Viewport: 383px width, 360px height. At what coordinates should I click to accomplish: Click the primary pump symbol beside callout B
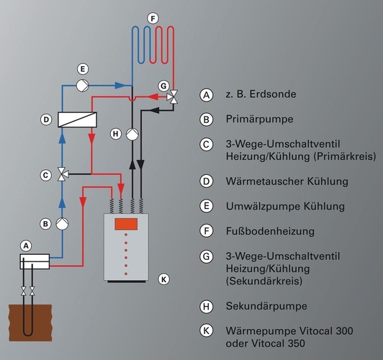[63, 223]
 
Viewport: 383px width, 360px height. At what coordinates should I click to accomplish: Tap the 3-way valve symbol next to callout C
[63, 174]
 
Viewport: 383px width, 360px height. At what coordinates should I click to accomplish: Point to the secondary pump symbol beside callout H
[132, 134]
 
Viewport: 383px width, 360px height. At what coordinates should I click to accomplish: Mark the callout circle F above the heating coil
[151, 17]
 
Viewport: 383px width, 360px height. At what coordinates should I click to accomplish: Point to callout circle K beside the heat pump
[163, 278]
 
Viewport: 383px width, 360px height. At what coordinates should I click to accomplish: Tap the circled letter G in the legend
[207, 256]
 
